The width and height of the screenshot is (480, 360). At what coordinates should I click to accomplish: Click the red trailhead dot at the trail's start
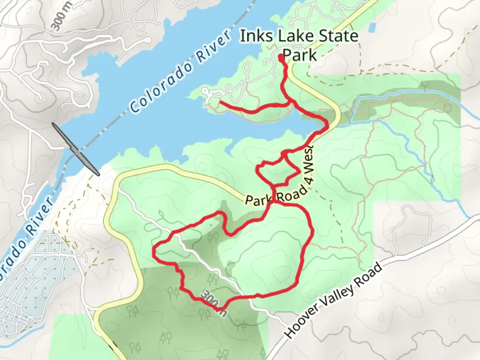[281, 57]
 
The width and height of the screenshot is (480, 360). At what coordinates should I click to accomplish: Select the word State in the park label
[336, 36]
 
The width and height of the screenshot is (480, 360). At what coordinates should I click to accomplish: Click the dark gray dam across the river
[76, 149]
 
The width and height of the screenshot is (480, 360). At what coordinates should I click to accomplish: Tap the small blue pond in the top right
[373, 27]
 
